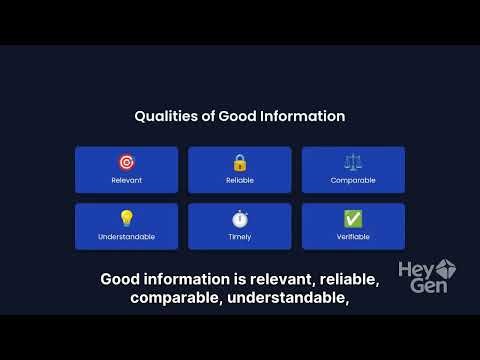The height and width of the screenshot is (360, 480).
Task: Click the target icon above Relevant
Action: (x=126, y=162)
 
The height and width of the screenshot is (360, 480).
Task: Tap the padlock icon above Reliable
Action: (x=240, y=162)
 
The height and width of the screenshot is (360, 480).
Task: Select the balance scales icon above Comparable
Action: (x=353, y=162)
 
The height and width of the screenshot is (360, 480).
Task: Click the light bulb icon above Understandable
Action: (x=126, y=219)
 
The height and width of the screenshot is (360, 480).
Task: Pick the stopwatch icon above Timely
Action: (x=240, y=219)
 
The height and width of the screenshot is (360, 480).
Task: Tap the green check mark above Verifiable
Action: (x=353, y=219)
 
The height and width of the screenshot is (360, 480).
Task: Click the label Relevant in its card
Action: (x=126, y=181)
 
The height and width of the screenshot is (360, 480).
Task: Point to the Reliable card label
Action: (x=240, y=181)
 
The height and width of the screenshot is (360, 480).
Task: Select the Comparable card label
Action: (x=353, y=181)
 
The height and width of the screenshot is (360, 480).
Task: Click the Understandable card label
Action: (x=126, y=237)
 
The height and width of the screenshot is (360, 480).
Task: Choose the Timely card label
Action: (x=240, y=237)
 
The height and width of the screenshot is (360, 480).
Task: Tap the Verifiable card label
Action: (x=353, y=237)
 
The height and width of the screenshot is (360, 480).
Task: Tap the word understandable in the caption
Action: (x=285, y=298)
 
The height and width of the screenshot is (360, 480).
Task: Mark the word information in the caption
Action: (x=189, y=279)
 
